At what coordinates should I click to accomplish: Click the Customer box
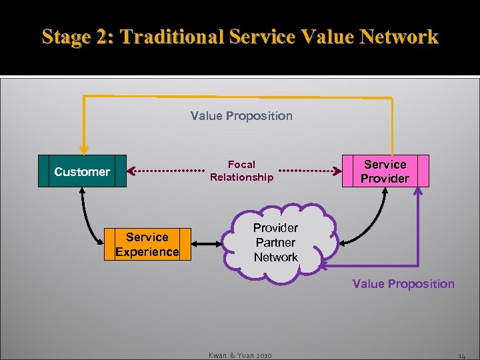82,171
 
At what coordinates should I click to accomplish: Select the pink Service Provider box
385,171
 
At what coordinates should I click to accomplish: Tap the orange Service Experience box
147,244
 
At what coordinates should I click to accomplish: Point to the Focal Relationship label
241,171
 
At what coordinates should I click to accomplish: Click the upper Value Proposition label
241,116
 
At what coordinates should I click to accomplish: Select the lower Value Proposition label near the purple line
403,284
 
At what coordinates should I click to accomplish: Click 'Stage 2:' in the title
77,37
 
